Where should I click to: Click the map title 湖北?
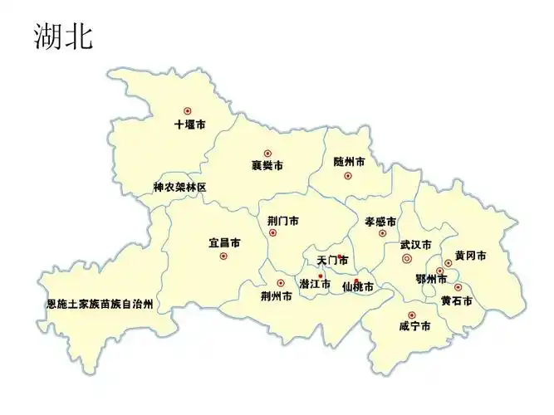63,35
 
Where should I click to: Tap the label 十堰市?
190,124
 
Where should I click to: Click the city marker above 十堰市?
188,110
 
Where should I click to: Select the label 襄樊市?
267,166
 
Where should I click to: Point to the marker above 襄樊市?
267,153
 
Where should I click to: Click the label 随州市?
349,161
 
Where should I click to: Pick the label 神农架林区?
179,188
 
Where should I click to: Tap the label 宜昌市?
224,243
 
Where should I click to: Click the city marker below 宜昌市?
223,256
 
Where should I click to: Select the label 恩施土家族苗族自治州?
100,305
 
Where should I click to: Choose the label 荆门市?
283,222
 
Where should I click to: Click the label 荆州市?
276,295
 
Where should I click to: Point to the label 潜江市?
315,285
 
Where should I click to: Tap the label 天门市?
332,261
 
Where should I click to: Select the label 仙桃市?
358,287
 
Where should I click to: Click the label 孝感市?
380,222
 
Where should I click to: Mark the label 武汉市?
415,245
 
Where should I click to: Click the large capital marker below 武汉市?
407,259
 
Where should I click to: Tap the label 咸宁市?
414,326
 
